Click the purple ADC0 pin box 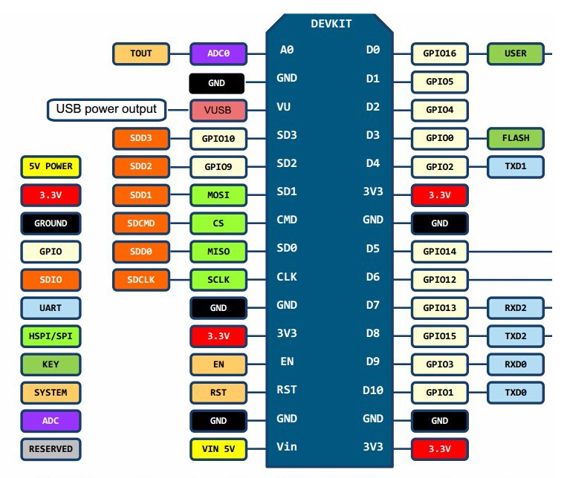click(218, 53)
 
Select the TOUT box click(141, 53)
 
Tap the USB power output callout click(106, 110)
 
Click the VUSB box click(218, 110)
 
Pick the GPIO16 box click(440, 53)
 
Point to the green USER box click(515, 53)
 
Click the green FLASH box click(515, 138)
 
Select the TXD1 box click(515, 166)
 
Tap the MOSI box click(218, 195)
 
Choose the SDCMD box click(141, 223)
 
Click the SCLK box click(218, 279)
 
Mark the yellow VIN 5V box click(218, 448)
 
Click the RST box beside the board click(218, 392)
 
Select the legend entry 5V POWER click(51, 166)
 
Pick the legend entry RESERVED click(51, 448)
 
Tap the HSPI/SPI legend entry click(51, 335)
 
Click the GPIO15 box click(440, 335)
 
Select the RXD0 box click(515, 364)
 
